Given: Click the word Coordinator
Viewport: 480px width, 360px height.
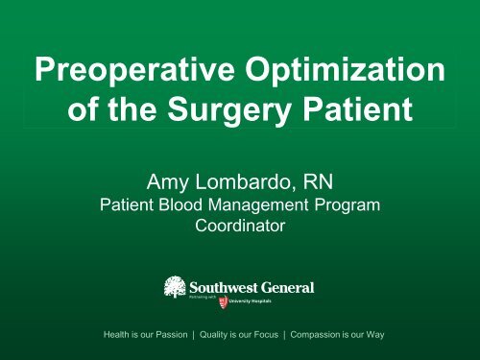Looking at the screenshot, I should pos(240,227).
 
